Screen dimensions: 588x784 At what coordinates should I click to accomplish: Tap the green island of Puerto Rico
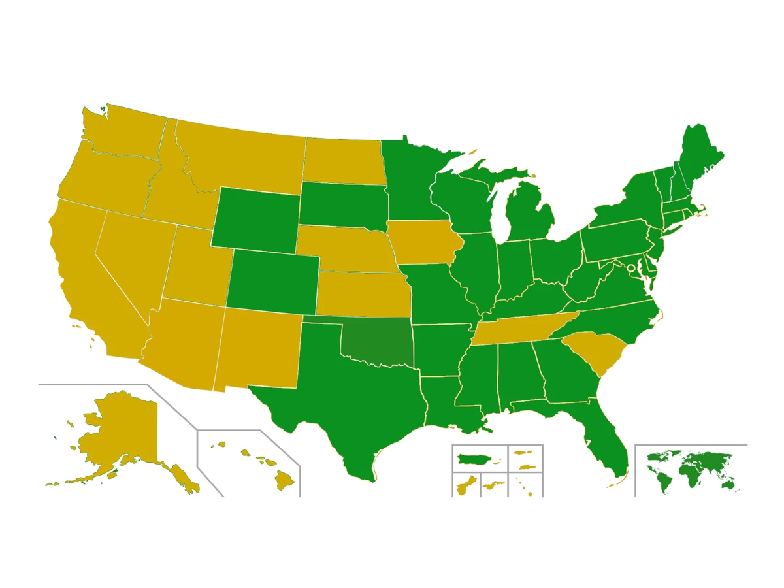tap(474, 459)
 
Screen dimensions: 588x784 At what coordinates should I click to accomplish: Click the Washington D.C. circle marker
tap(631, 268)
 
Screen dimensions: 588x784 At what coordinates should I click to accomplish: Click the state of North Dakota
tap(343, 160)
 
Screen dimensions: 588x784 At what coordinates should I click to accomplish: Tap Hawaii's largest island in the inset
tap(284, 482)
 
